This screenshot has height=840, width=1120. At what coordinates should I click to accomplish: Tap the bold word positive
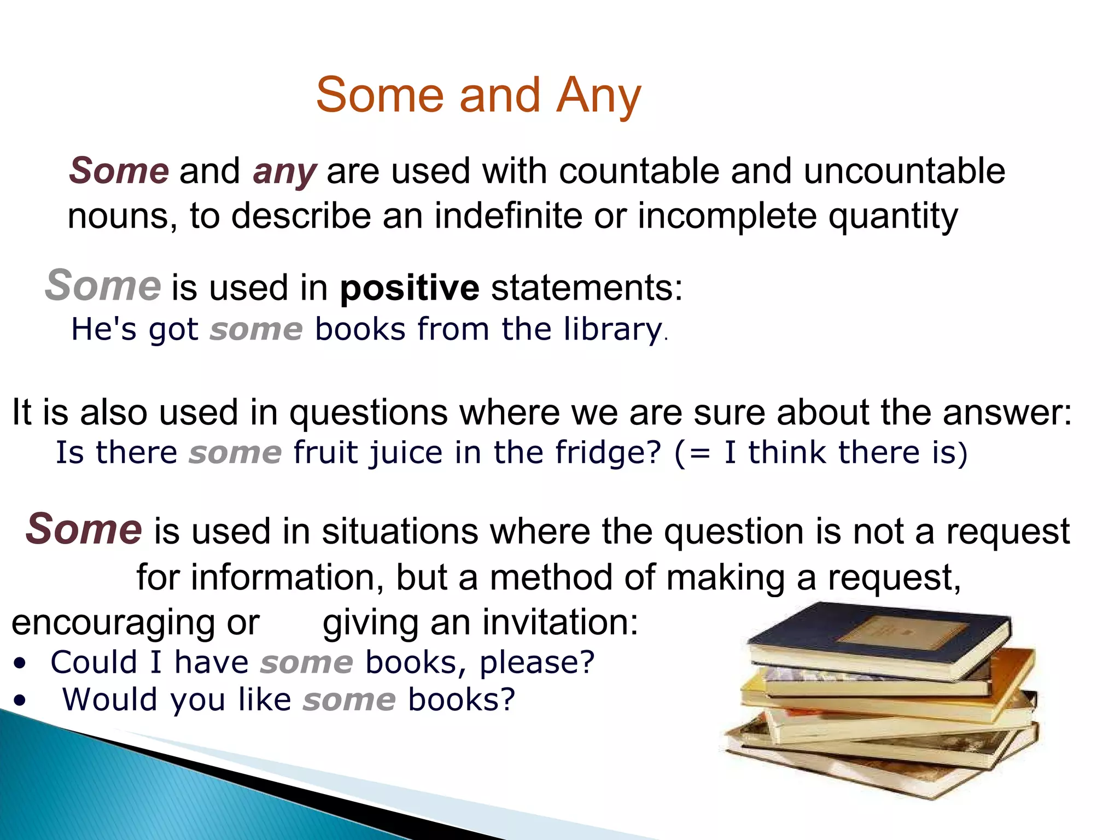(409, 288)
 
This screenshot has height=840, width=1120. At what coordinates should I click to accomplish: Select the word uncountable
(904, 171)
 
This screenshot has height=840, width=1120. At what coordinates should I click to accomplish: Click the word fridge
(608, 453)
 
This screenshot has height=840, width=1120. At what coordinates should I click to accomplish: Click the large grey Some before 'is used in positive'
(103, 286)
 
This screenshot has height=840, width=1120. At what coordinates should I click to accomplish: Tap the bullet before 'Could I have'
(20, 664)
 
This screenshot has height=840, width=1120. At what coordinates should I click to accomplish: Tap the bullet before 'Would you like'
(20, 701)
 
